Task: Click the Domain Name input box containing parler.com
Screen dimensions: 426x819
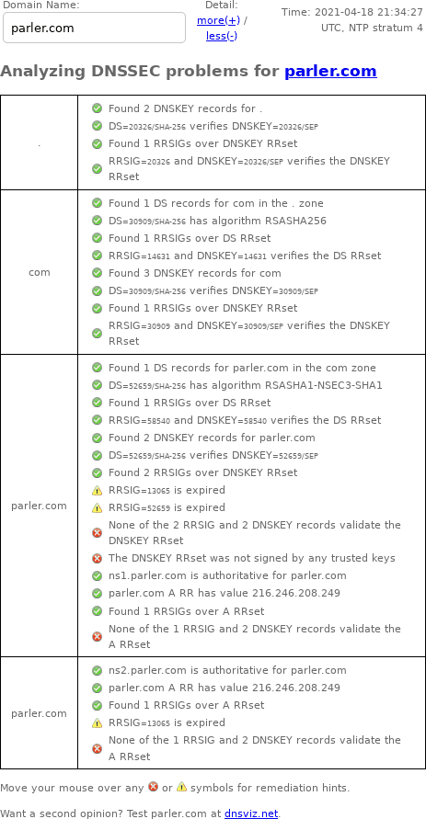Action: [94, 28]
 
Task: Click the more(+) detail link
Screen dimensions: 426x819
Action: [218, 20]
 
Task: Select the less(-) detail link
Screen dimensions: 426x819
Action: [222, 36]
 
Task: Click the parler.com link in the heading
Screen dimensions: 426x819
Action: [330, 71]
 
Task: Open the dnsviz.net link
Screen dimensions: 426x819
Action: [251, 813]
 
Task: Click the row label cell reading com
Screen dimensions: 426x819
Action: [40, 272]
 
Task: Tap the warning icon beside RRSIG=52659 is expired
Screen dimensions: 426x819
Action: [97, 507]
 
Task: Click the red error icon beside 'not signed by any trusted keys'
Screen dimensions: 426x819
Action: [97, 558]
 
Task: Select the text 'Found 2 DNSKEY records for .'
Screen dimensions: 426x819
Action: [186, 108]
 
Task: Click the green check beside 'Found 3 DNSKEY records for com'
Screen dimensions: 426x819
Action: [97, 273]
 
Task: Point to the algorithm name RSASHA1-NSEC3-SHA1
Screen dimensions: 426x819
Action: [324, 385]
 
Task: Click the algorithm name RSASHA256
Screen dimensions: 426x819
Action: [296, 221]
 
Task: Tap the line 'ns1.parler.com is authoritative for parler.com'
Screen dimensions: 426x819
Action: [227, 575]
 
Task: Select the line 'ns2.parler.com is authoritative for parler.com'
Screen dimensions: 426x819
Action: [227, 670]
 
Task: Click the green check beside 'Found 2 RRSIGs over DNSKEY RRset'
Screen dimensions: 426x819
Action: [97, 472]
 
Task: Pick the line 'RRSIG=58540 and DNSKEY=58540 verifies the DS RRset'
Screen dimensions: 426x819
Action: [245, 420]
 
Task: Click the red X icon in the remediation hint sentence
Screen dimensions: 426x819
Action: [153, 786]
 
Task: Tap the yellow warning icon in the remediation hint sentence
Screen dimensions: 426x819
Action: [181, 786]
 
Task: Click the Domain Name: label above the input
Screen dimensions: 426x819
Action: [41, 6]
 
